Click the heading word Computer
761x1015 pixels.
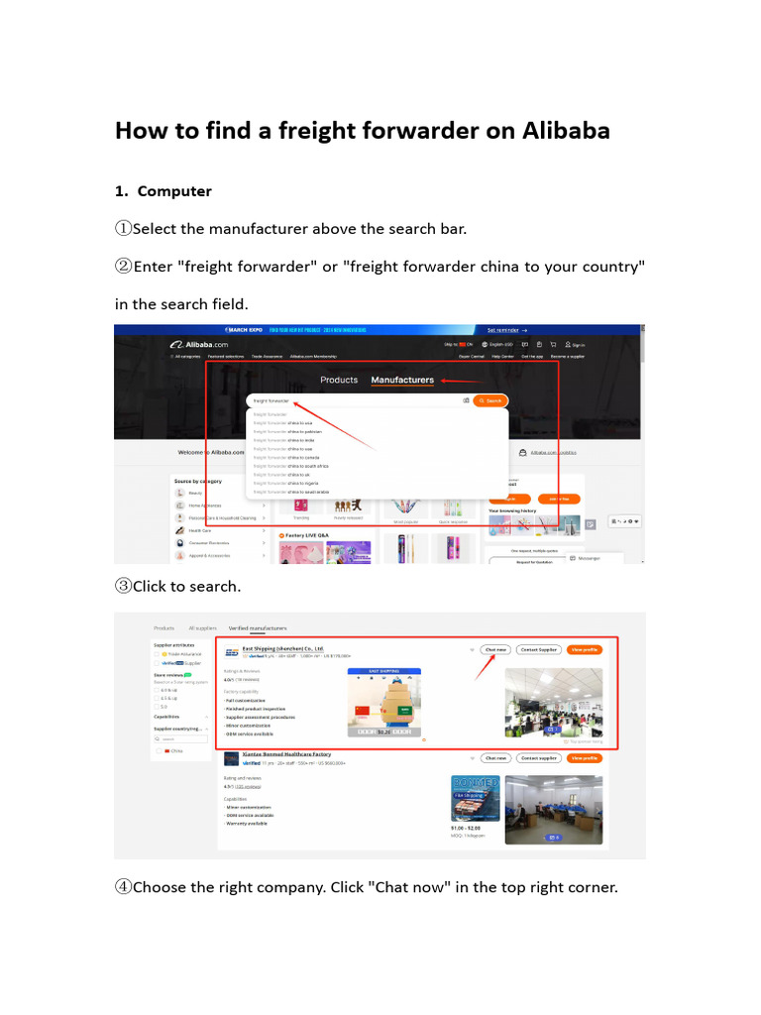pyautogui.click(x=174, y=190)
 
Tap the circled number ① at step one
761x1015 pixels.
pyautogui.click(x=123, y=229)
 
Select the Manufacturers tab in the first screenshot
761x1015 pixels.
pyautogui.click(x=402, y=380)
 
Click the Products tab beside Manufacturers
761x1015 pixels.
pyautogui.click(x=339, y=380)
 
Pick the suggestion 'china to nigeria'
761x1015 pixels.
pyautogui.click(x=288, y=483)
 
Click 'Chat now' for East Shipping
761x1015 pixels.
pyautogui.click(x=495, y=649)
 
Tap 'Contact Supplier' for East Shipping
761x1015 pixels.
pyautogui.click(x=540, y=649)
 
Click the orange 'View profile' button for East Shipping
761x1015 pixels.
pyautogui.click(x=585, y=649)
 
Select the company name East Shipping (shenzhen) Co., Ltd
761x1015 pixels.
pyautogui.click(x=283, y=648)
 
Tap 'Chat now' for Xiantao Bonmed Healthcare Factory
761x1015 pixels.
pyautogui.click(x=495, y=757)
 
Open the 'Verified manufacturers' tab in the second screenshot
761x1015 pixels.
pyautogui.click(x=258, y=627)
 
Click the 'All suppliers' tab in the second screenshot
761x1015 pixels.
pyautogui.click(x=202, y=627)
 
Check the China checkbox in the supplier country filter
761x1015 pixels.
pyautogui.click(x=159, y=750)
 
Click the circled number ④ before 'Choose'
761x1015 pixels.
pyautogui.click(x=123, y=887)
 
